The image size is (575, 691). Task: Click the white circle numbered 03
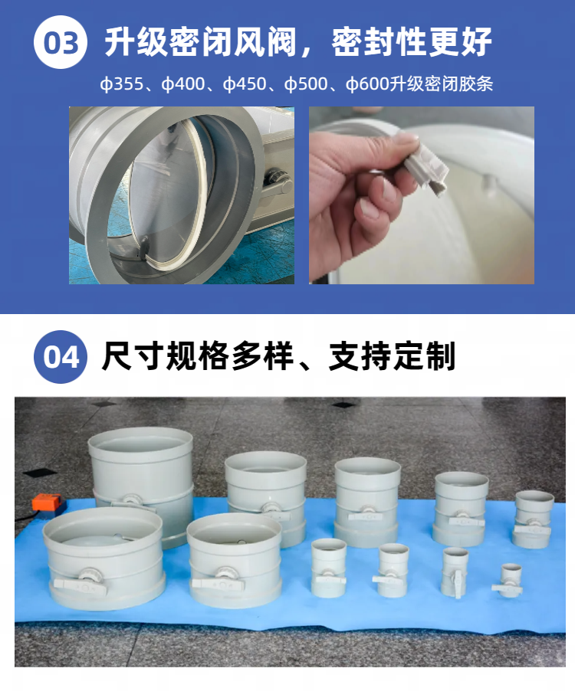point(61,42)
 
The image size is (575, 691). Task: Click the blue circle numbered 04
point(61,356)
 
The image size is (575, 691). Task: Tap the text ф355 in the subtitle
point(122,84)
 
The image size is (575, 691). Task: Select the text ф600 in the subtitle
point(367,84)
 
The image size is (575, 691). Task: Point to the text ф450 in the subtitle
point(245,84)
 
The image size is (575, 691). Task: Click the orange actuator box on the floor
point(48,503)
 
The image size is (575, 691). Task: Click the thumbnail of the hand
point(422,195)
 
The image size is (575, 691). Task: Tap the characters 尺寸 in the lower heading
point(133,356)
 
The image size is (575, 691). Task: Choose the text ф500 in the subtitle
point(306,84)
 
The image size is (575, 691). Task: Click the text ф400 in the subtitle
point(183,84)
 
